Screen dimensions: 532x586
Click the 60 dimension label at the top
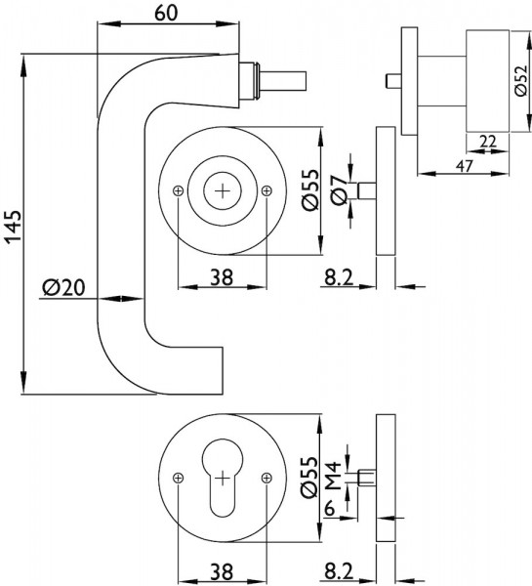coord(166,13)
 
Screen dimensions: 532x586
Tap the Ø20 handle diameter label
coord(63,288)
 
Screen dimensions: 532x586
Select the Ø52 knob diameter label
coord(521,81)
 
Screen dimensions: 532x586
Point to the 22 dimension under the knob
coord(488,142)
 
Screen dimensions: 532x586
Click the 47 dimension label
coord(464,166)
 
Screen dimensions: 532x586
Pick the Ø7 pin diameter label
coord(340,190)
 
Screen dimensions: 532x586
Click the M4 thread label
coord(334,476)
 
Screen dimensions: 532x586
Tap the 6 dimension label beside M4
coord(329,508)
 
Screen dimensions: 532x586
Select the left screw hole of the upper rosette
coord(179,191)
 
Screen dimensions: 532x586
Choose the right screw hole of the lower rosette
coord(266,478)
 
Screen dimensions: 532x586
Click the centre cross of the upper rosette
coord(223,191)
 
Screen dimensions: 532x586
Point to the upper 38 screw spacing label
coord(222,277)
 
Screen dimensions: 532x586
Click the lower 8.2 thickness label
coord(339,571)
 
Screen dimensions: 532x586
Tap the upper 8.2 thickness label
coord(339,277)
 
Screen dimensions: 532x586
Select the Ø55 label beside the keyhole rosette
coord(311,478)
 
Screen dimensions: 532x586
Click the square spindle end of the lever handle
coord(285,81)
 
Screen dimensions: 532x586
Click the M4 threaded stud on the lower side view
coord(366,478)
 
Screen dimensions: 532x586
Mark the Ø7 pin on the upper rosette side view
coord(367,190)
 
